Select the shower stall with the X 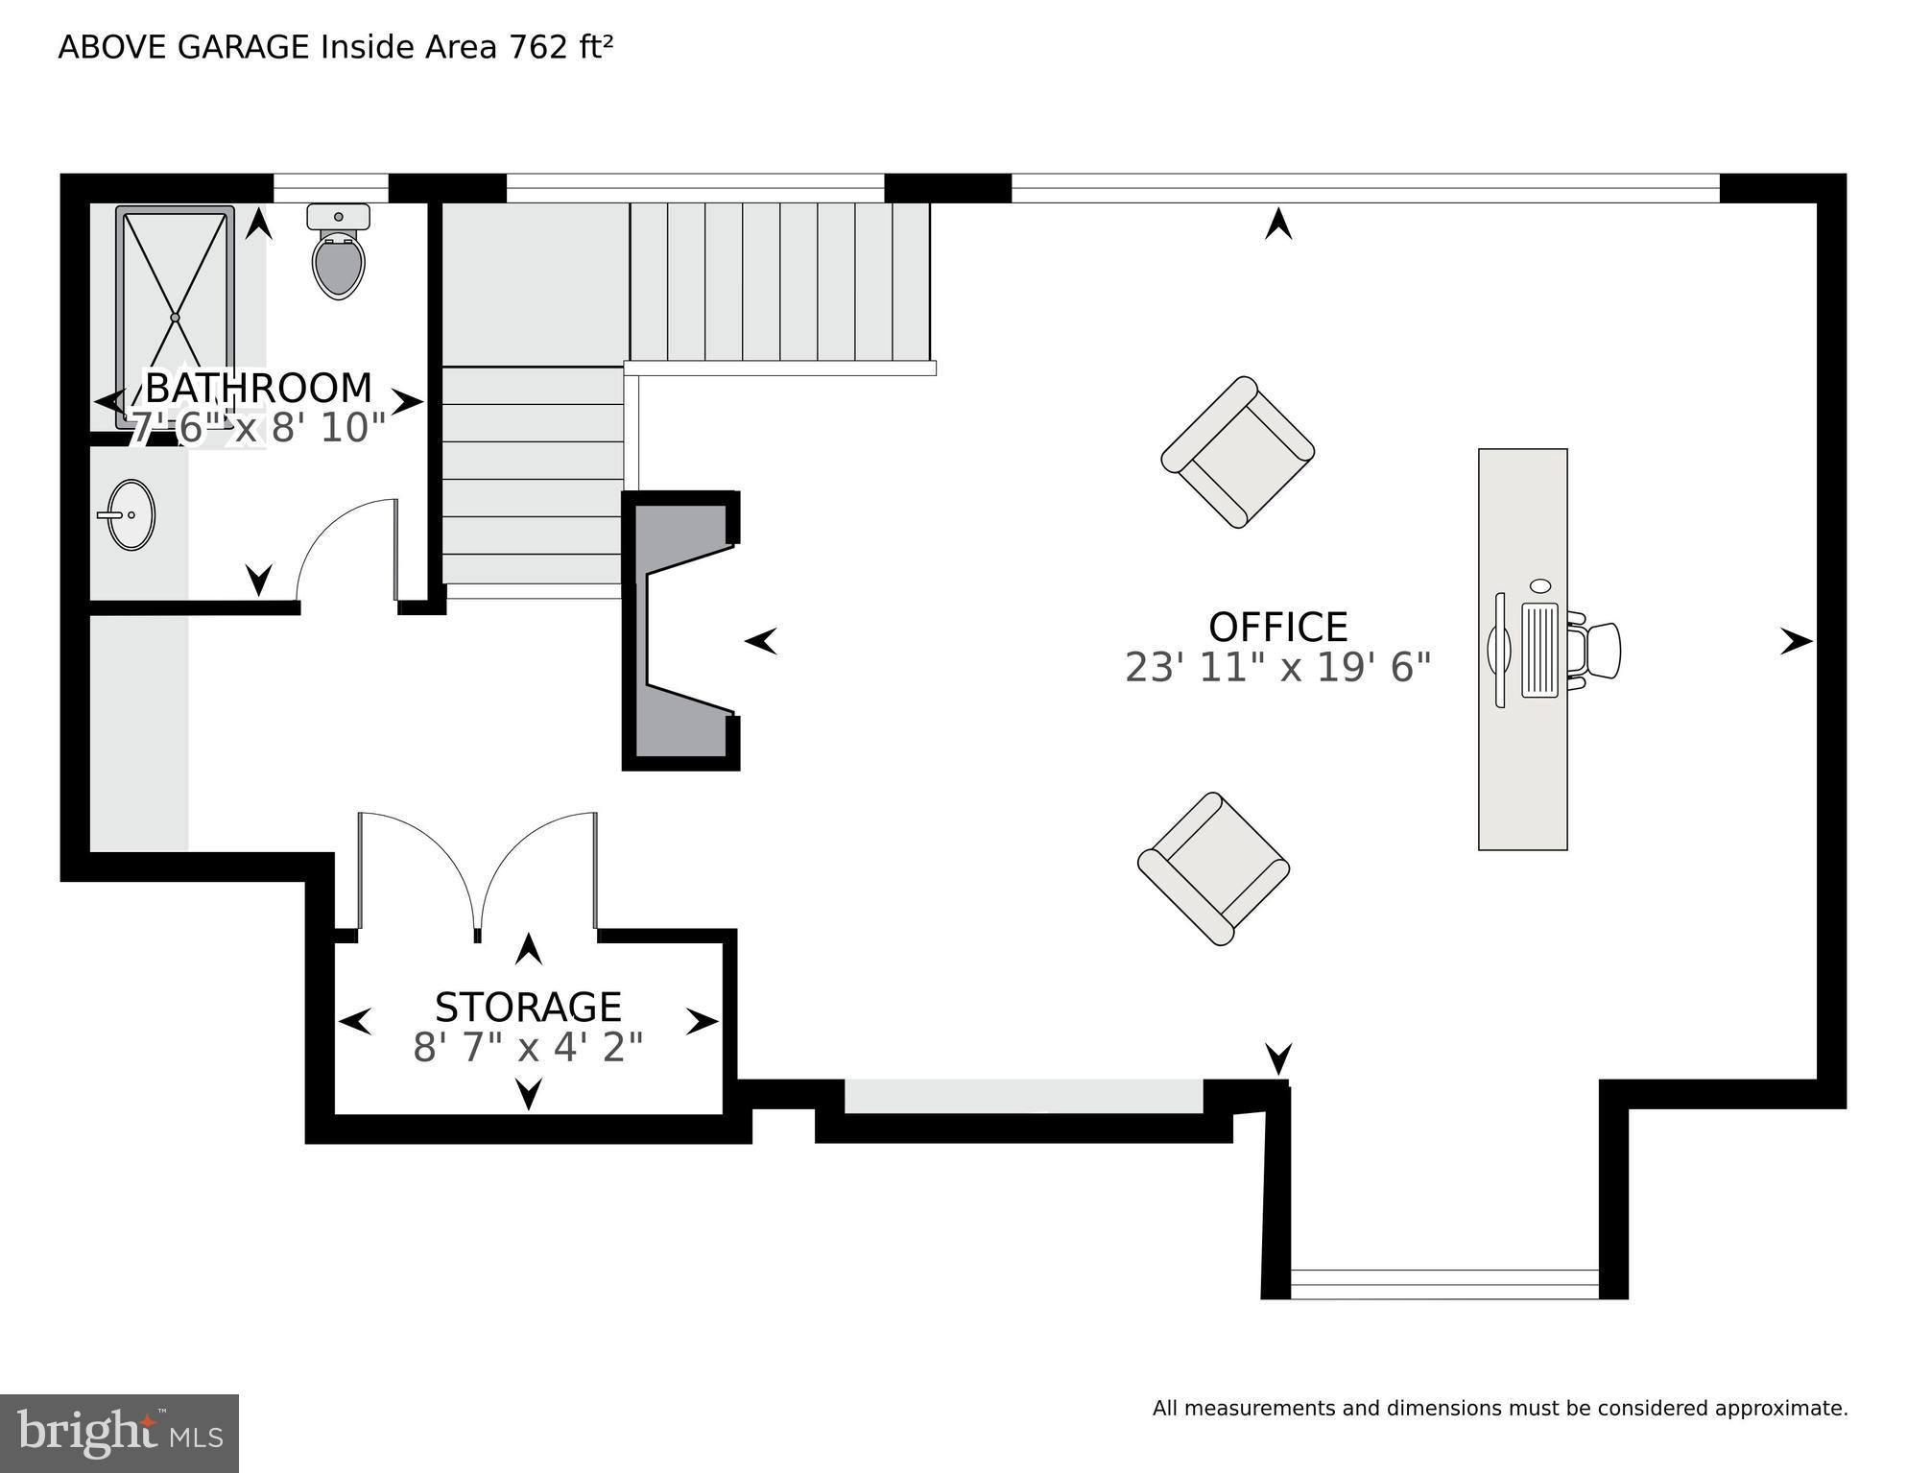click(175, 317)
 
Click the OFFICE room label click(1277, 628)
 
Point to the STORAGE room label click(528, 1008)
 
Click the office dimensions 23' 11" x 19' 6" click(1277, 668)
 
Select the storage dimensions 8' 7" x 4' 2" click(528, 1048)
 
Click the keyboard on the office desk click(1540, 650)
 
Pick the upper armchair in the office click(1237, 452)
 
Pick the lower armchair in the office click(1213, 869)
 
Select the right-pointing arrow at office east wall click(1796, 641)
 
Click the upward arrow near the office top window click(1277, 225)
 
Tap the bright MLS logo click(119, 1434)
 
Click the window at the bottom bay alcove click(1444, 1283)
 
